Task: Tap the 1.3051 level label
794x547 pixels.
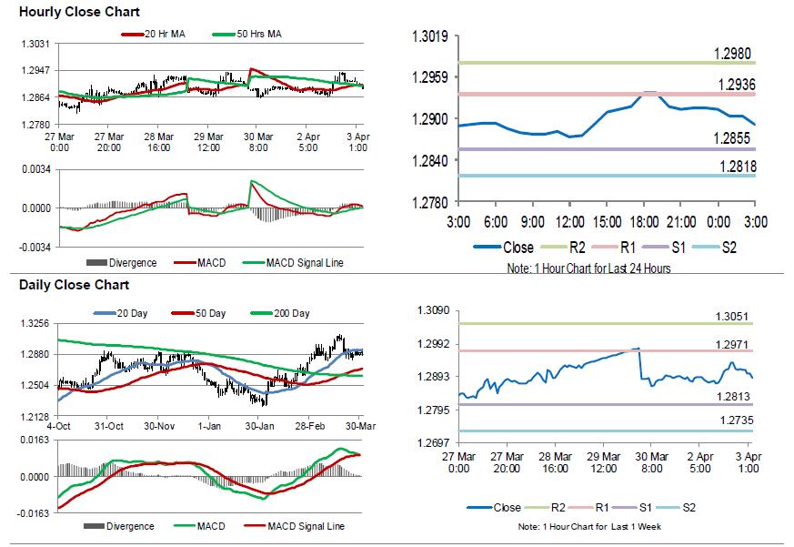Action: (732, 317)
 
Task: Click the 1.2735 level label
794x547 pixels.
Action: (732, 421)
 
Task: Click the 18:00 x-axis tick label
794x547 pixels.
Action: (644, 221)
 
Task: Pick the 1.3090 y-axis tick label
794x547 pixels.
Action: (433, 311)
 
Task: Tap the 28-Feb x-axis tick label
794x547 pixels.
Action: (311, 426)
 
